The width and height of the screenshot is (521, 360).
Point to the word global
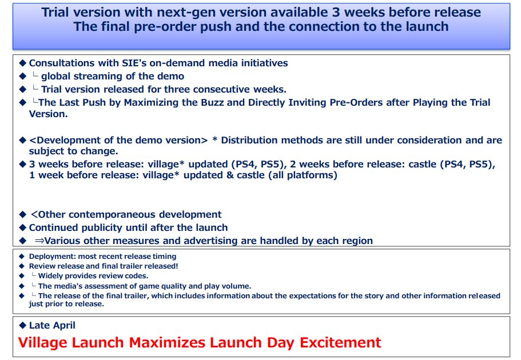click(55, 77)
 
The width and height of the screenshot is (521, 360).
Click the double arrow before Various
click(39, 241)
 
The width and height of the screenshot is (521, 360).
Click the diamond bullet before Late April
click(23, 325)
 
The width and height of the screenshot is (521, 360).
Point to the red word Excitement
click(341, 342)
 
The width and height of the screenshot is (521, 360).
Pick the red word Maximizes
click(167, 342)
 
